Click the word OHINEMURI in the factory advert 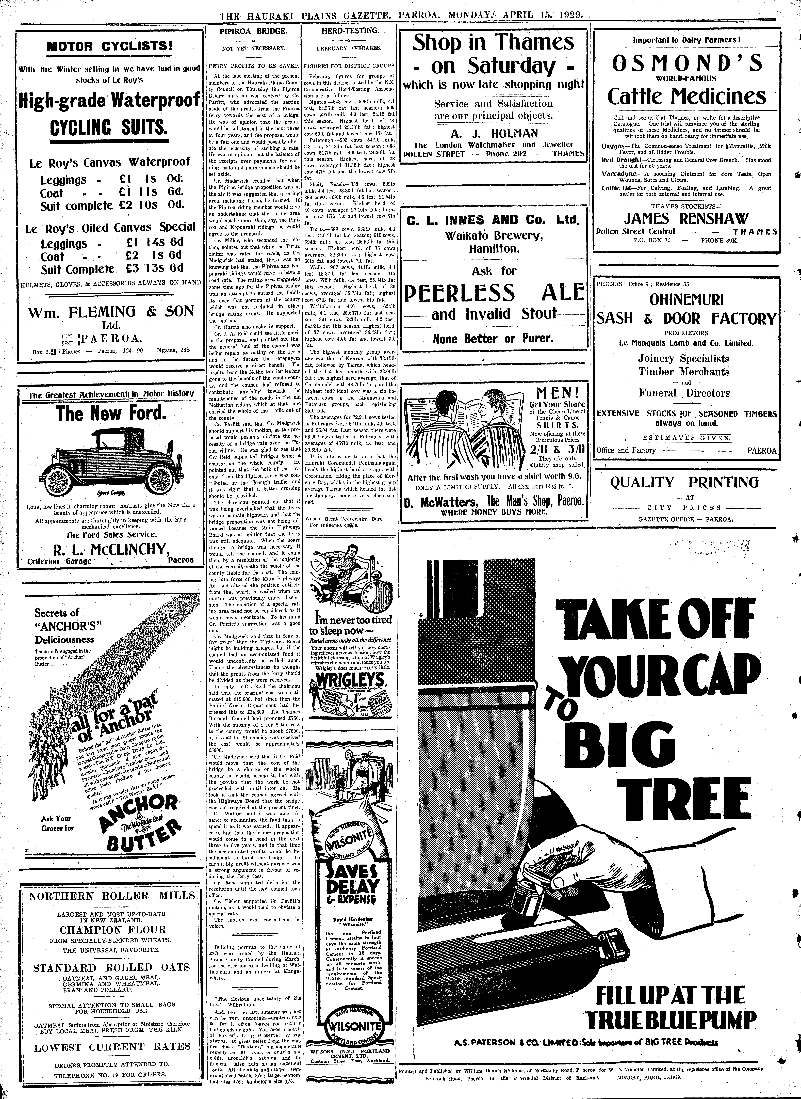686,299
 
